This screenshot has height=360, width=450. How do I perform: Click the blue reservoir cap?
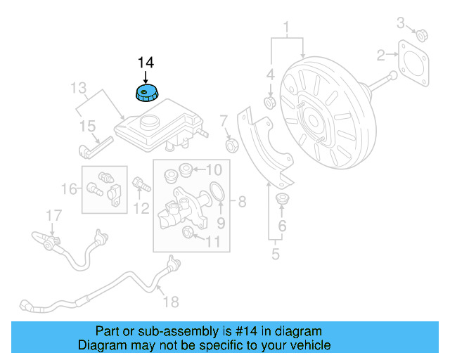146,93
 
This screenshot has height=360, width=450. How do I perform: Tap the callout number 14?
145,62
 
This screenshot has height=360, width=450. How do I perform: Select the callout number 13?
77,88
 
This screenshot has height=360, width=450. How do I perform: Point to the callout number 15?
86,126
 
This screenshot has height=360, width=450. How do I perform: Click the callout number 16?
70,188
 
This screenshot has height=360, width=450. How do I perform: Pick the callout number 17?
54,214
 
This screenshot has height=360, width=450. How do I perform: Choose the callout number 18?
171,302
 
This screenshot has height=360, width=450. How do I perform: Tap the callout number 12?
142,207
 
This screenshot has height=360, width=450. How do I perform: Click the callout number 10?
213,169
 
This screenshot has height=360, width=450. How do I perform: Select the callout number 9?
220,224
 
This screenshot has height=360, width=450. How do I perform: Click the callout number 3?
401,23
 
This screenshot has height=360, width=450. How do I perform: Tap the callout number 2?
381,55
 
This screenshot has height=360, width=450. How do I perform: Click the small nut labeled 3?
423,34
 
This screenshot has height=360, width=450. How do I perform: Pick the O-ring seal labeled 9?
217,192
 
